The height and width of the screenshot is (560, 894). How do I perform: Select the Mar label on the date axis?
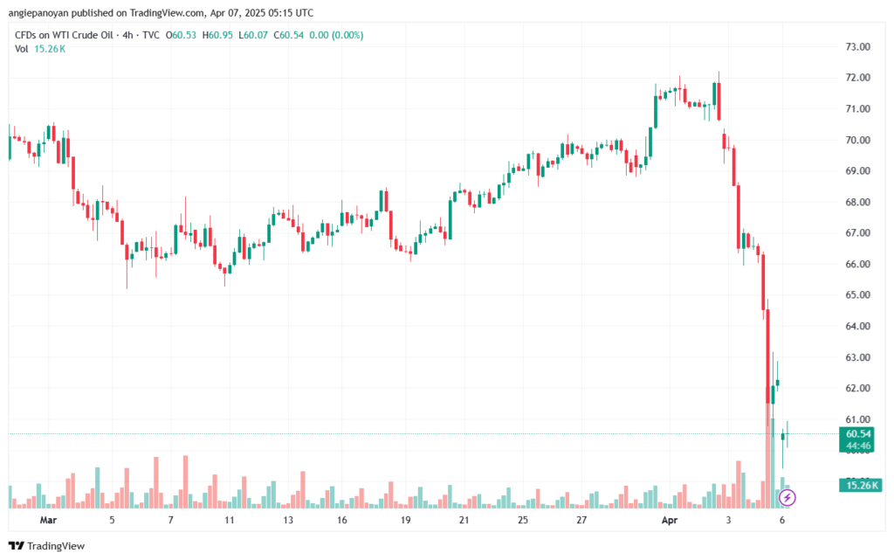click(x=48, y=520)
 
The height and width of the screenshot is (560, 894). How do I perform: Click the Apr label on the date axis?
click(x=668, y=520)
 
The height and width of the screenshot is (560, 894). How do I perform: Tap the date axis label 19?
click(x=406, y=520)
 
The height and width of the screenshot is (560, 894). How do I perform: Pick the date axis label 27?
click(x=581, y=520)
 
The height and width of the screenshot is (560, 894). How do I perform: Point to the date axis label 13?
click(x=288, y=520)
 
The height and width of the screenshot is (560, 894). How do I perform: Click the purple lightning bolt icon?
click(x=787, y=497)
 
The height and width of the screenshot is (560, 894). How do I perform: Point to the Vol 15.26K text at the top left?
click(x=40, y=49)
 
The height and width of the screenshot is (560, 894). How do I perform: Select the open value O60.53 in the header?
click(x=182, y=35)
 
